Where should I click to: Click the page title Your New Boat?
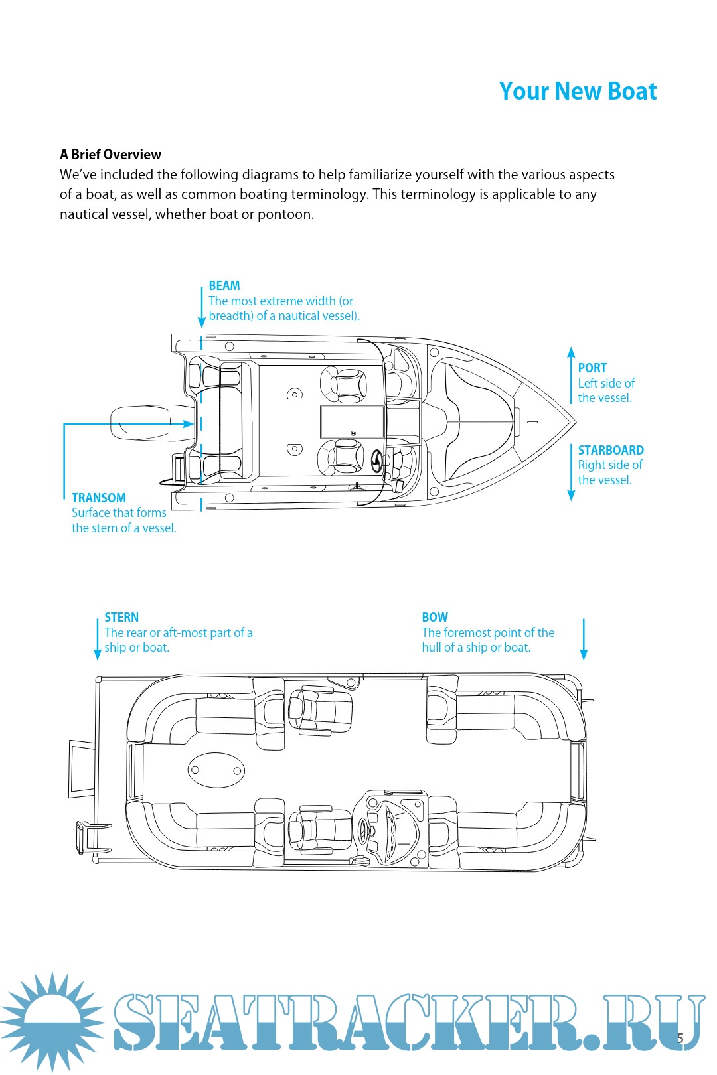(578, 91)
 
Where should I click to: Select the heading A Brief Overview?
(110, 155)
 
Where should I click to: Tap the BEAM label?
(224, 286)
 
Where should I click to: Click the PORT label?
(592, 368)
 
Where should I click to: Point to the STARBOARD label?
(611, 451)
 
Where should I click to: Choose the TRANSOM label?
(99, 498)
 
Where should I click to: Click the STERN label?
(121, 618)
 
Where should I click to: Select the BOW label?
(435, 618)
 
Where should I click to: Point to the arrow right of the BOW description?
(584, 639)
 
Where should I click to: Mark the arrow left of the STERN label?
(98, 639)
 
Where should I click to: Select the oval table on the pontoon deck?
(216, 770)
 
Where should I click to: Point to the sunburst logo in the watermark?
(52, 1022)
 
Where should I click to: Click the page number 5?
(680, 1039)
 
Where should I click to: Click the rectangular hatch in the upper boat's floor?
(352, 422)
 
